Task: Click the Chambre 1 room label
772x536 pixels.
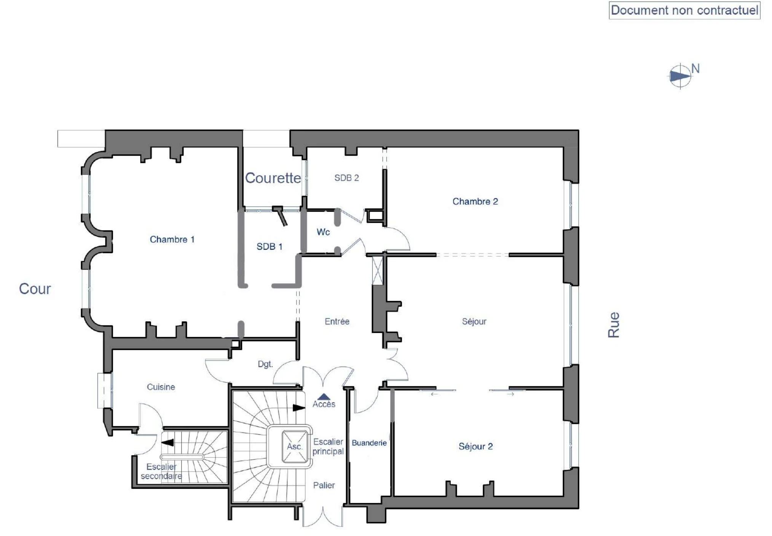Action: [172, 239]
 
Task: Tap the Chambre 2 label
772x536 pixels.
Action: [475, 201]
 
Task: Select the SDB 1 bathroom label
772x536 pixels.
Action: [270, 247]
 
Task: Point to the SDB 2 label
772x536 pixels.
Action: [346, 178]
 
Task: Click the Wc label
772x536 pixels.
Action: [323, 232]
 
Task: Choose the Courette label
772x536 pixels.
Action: [273, 178]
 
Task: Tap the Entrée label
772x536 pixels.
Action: [337, 321]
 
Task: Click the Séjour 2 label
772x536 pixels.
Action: [475, 446]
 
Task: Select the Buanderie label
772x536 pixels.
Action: [369, 443]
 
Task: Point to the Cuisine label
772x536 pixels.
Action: [161, 387]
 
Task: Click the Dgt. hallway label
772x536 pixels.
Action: [265, 364]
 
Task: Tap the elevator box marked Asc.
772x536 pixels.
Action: [295, 447]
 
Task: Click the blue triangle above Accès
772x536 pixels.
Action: [324, 397]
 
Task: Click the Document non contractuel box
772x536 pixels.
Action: [684, 10]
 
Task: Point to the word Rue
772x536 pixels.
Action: [614, 325]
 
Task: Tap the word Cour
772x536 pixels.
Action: [35, 289]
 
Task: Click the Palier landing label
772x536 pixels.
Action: [324, 485]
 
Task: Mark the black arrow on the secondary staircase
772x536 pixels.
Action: [167, 443]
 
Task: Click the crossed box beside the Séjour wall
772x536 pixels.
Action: [377, 270]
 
